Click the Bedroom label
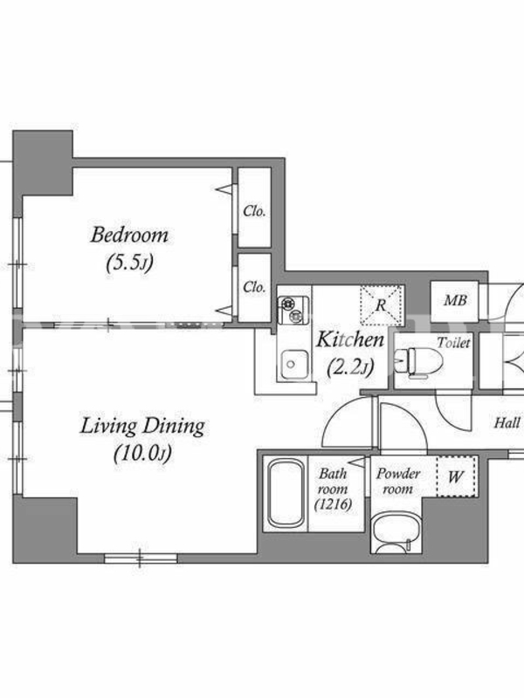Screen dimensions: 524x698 pos(129,235)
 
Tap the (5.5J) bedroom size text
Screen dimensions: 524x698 pos(129,263)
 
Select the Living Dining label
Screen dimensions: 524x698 pos(142,427)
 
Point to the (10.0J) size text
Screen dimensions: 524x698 pos(142,454)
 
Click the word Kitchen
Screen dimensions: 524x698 pos(350,340)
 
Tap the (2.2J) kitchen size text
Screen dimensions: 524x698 pos(350,367)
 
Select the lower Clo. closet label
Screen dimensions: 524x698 pos(254,287)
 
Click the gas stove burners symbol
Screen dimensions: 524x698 pos(293,310)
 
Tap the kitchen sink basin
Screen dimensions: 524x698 pos(292,365)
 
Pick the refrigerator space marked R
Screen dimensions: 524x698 pos(381,306)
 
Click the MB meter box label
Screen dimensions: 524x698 pos(455,301)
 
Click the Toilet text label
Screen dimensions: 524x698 pos(453,343)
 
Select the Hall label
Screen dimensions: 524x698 pos(507,422)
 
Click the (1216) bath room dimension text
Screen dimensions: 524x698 pos(334,504)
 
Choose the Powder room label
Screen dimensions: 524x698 pos(398,482)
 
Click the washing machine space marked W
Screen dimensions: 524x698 pos(456,476)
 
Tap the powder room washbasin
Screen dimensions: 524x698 pos(396,534)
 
